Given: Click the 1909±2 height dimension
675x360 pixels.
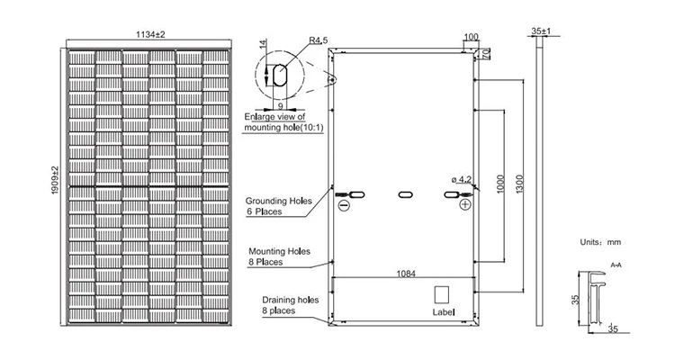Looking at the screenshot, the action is pos(56,185).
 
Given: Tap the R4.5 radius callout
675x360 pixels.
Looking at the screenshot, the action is pos(318,40).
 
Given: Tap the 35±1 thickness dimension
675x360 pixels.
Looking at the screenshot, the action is pos(540,31).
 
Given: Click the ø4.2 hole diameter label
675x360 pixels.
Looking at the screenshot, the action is pos(460,180).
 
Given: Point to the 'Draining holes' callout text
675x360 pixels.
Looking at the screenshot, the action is pos(291,300).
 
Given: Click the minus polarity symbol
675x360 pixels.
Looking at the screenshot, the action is pos(342,205).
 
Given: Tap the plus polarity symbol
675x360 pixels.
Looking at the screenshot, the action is pos(464,205).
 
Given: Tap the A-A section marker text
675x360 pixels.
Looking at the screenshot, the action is pos(616,266).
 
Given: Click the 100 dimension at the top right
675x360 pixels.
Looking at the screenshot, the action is pos(471,37).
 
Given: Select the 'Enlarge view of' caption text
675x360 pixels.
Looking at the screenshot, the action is pos(275,118).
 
